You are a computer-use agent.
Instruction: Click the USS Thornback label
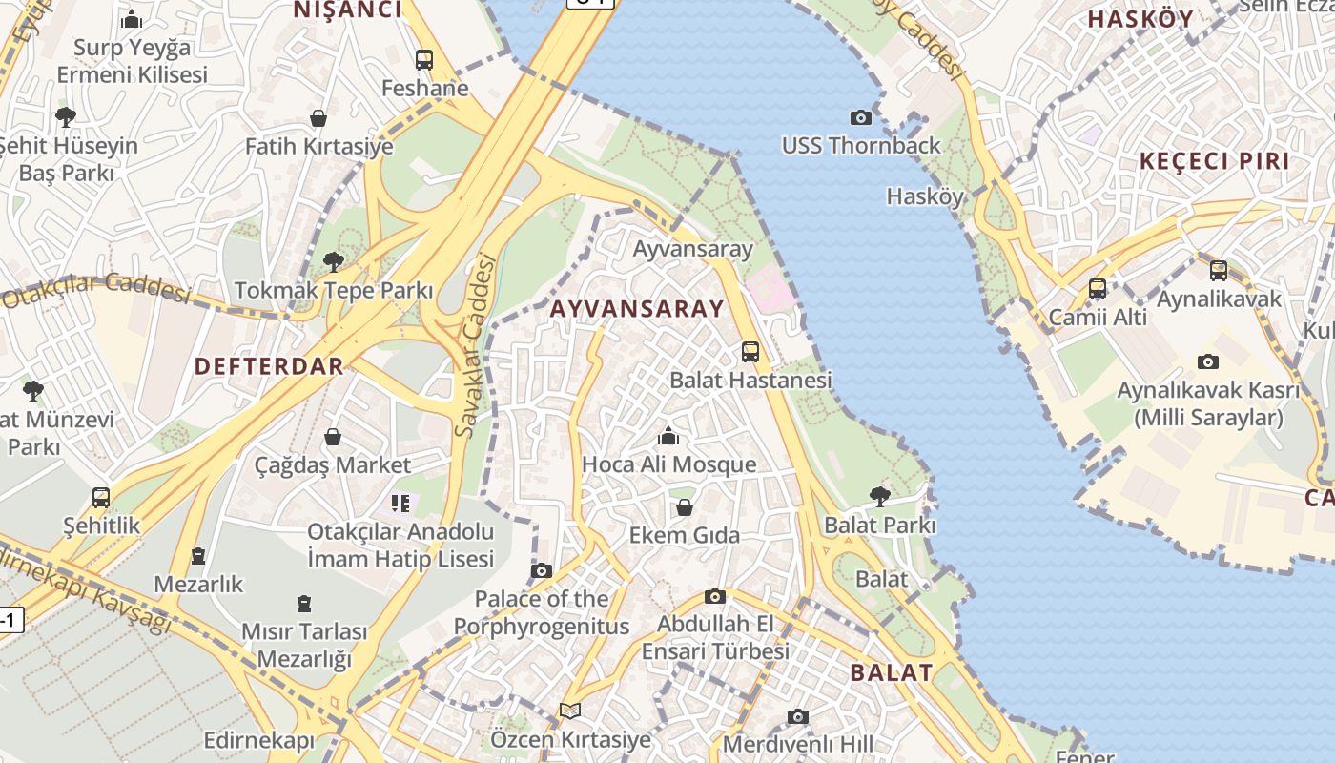[x=860, y=146]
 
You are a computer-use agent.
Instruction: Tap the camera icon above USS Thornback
[x=860, y=117]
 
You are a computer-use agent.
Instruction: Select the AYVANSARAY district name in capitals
[x=637, y=309]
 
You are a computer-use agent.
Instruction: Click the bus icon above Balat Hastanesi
[x=750, y=352]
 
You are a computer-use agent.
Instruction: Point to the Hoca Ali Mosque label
[x=668, y=464]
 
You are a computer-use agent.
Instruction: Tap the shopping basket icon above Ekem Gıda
[x=684, y=506]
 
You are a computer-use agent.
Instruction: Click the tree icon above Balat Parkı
[x=879, y=496]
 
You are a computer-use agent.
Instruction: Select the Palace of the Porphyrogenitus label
[x=541, y=612]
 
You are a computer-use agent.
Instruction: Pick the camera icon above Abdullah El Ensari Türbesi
[x=714, y=597]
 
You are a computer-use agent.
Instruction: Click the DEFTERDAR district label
[x=269, y=366]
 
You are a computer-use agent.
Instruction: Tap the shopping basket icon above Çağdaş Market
[x=333, y=437]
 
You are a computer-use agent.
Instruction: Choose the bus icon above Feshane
[x=424, y=60]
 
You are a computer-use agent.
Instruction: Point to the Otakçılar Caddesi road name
[x=95, y=289]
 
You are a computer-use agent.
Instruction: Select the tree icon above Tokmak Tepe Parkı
[x=333, y=261]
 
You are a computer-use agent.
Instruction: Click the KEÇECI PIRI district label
[x=1214, y=161]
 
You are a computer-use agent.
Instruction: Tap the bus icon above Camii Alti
[x=1098, y=288]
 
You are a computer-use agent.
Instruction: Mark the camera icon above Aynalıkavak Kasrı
[x=1207, y=361]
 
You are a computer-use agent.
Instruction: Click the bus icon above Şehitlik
[x=101, y=497]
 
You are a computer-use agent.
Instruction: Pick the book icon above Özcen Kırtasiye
[x=570, y=711]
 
